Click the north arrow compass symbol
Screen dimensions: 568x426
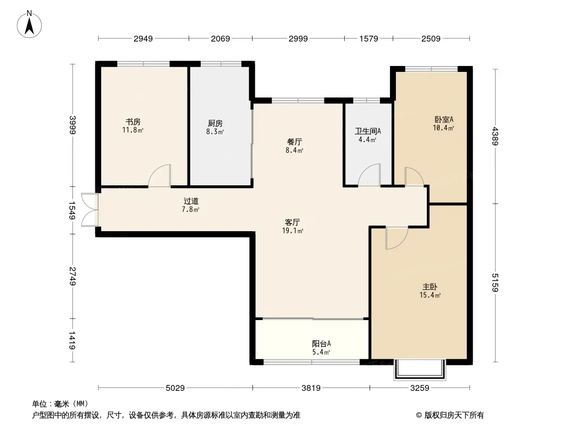tap(29, 24)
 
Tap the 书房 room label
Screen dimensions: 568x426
tap(133, 122)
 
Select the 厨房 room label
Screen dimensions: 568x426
tap(215, 124)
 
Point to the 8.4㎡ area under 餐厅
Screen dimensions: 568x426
tap(294, 150)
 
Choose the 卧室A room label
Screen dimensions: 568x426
tap(444, 119)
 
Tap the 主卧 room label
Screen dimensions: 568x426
tap(430, 287)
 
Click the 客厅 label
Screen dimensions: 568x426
tap(293, 222)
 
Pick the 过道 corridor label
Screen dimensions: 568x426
tap(191, 201)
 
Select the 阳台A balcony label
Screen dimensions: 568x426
tap(321, 343)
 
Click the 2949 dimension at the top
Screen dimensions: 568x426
tap(143, 39)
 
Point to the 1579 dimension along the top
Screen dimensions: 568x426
tap(369, 39)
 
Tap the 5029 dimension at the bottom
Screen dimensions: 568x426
tap(175, 388)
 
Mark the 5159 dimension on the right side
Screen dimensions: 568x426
tap(495, 282)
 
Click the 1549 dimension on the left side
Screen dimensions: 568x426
tap(72, 210)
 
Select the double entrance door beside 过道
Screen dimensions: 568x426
tap(90, 210)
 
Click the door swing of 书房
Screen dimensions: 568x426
tap(159, 176)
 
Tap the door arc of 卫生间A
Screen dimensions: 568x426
tap(369, 175)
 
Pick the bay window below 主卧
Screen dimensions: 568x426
tap(420, 370)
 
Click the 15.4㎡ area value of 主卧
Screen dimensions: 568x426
tap(430, 296)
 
